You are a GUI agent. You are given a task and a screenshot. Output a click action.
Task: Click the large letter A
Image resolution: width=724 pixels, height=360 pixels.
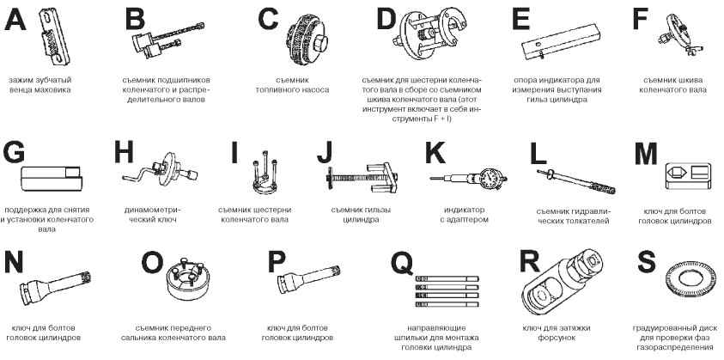[15, 20]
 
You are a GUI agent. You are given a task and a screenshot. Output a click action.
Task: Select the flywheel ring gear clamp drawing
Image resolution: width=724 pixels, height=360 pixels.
[54, 36]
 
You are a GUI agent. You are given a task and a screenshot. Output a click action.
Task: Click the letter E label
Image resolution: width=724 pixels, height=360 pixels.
[520, 20]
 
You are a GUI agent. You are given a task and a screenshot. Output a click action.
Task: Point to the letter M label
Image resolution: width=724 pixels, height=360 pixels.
[646, 153]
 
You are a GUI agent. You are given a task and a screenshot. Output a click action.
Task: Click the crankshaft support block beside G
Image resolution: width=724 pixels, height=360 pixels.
[52, 179]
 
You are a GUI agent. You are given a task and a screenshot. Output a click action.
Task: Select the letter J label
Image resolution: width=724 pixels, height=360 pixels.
[325, 153]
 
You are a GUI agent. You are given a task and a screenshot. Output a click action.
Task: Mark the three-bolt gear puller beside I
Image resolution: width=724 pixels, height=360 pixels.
[265, 174]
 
